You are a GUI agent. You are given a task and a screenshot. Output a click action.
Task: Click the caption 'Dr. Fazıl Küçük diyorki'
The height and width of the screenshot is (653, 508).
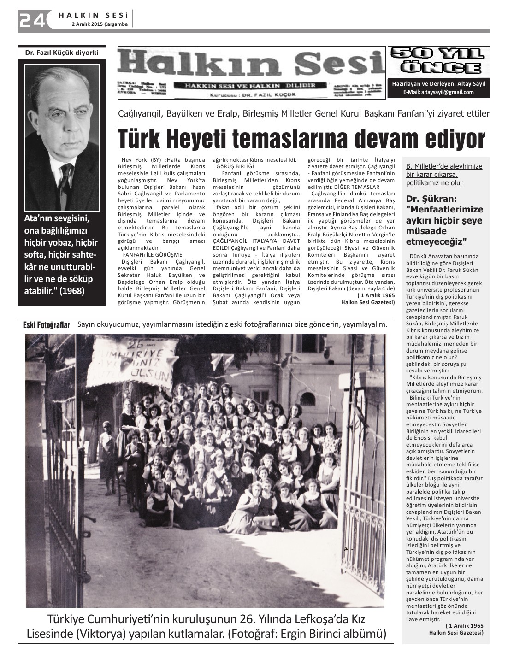[62, 53]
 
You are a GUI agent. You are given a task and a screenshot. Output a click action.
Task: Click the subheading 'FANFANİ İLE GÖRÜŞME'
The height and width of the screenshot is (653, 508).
[152, 255]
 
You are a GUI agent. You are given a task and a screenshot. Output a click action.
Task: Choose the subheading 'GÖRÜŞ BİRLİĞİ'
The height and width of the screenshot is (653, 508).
[235, 166]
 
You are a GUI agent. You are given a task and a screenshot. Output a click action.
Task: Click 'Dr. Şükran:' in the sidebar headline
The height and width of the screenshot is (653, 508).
[431, 200]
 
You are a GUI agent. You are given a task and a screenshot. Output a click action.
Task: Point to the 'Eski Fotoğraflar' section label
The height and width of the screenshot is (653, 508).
[47, 325]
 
